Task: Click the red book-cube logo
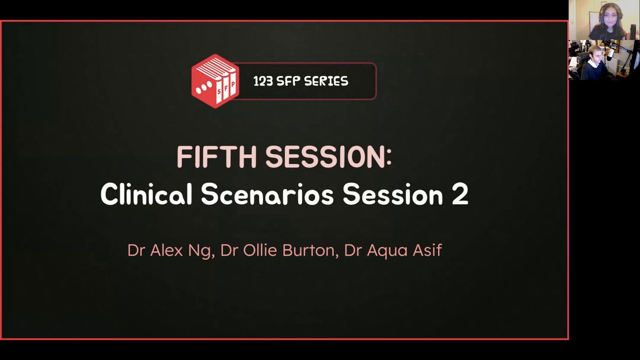tap(215, 81)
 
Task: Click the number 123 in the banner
tap(263, 82)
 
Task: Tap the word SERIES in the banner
tap(326, 82)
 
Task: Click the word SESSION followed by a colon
tap(325, 157)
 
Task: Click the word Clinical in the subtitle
tap(146, 194)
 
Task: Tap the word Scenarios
tap(267, 194)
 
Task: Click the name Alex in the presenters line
tap(166, 250)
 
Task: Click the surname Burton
tap(309, 250)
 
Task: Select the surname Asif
tap(427, 250)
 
